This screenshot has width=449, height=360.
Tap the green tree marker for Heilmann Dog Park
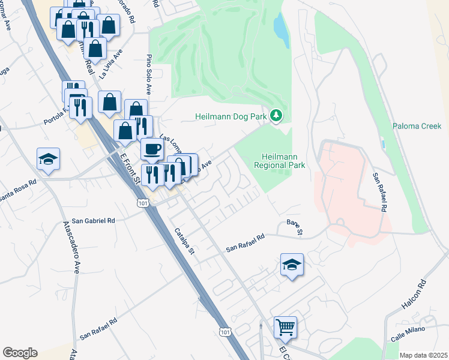(x=276, y=114)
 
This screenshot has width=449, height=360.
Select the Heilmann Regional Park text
(x=280, y=160)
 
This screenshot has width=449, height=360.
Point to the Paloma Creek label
(x=417, y=126)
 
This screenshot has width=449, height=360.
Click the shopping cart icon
(x=286, y=328)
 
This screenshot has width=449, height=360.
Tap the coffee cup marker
(x=152, y=149)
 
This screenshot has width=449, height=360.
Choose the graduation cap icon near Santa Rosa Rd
(x=48, y=159)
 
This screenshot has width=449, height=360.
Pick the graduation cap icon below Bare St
(x=292, y=265)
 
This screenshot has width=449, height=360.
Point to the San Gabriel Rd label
(x=93, y=221)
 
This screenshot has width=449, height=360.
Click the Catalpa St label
(x=184, y=241)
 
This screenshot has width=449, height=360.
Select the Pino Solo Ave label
(x=148, y=76)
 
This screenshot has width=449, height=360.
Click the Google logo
(x=20, y=353)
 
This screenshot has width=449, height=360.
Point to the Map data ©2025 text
(x=423, y=355)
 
